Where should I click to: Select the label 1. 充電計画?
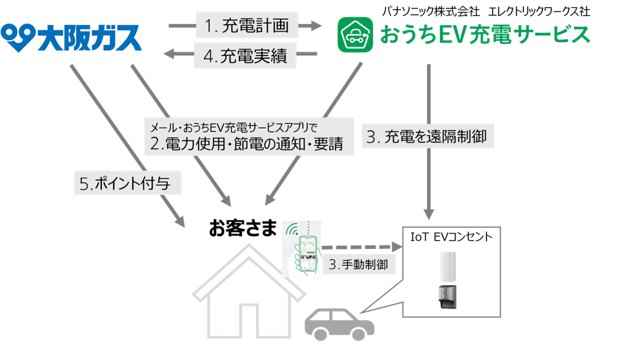pos(247,26)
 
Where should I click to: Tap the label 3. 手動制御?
pos(359,265)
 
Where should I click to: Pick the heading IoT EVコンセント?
pos(451,237)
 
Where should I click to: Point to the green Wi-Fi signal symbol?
pos(292,230)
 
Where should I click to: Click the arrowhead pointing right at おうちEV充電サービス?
pos(314,26)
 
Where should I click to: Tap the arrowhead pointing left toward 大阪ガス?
pos(170,55)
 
